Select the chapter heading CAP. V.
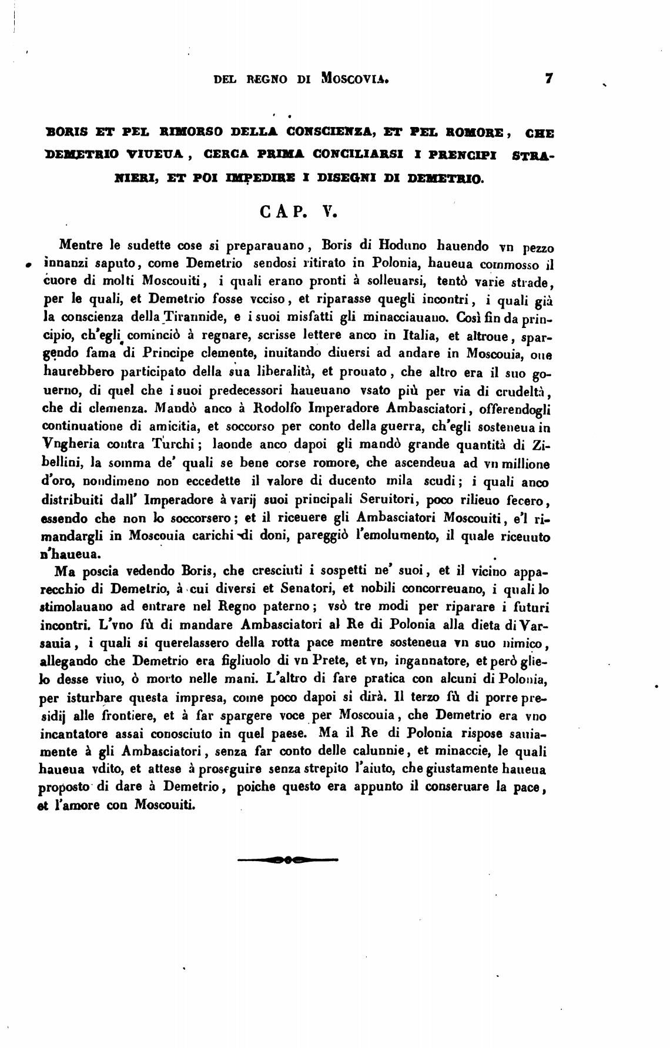[297, 212]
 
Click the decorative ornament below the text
[287, 861]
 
